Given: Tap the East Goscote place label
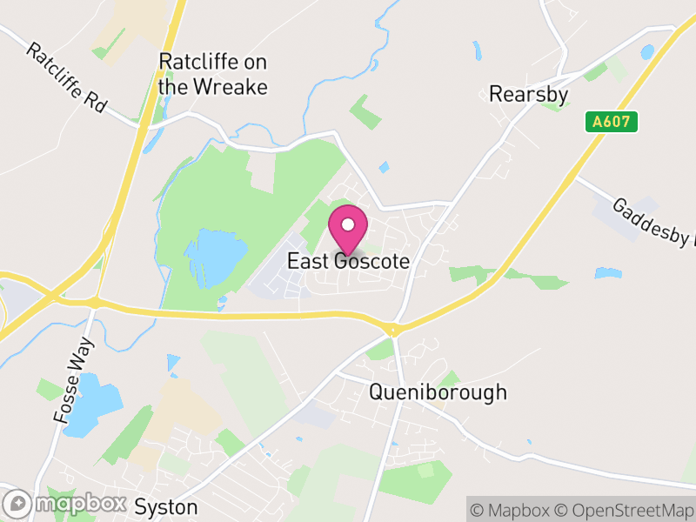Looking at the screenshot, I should pyautogui.click(x=348, y=261).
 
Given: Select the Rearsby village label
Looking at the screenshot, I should pyautogui.click(x=528, y=94).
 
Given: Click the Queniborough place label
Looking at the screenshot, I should pyautogui.click(x=438, y=392).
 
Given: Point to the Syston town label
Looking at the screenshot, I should pyautogui.click(x=166, y=507).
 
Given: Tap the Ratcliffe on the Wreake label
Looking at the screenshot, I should pyautogui.click(x=212, y=75).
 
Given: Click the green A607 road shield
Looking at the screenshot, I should pyautogui.click(x=612, y=123).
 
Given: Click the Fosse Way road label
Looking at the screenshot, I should pyautogui.click(x=74, y=380).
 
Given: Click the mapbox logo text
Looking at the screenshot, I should pyautogui.click(x=77, y=504).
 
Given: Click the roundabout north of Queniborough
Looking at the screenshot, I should pyautogui.click(x=393, y=330).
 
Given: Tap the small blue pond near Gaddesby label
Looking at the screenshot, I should pyautogui.click(x=608, y=273).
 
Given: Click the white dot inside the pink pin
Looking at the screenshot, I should pyautogui.click(x=348, y=224).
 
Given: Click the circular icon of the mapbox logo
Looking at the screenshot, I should pyautogui.click(x=17, y=504).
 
